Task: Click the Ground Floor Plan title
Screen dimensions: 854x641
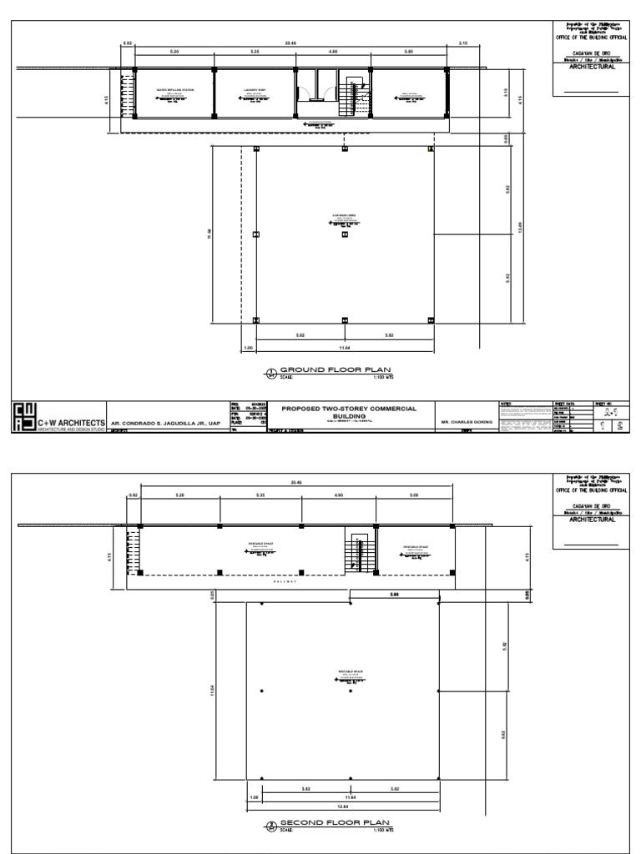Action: (x=334, y=369)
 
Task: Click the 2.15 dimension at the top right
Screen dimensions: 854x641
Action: (x=463, y=42)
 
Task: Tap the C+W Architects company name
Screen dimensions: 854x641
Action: (x=70, y=423)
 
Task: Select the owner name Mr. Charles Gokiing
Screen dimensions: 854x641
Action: (x=465, y=423)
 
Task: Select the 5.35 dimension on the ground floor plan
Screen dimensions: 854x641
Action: (x=256, y=52)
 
